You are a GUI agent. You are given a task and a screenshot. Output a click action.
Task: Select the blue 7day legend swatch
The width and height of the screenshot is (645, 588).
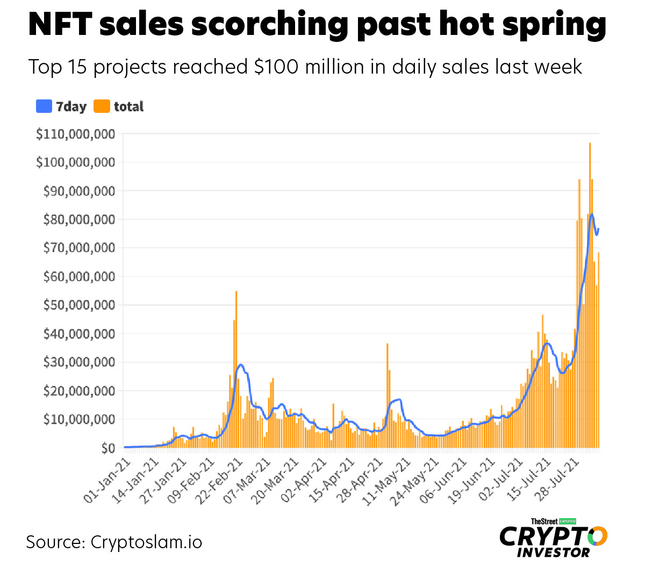tap(44, 106)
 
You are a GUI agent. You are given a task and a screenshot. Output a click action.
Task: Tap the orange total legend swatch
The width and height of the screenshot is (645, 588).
tap(102, 106)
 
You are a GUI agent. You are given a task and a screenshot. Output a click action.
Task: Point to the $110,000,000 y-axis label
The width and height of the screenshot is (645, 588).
tap(76, 134)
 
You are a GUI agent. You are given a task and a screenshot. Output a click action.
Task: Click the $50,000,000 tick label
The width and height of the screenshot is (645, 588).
tap(79, 305)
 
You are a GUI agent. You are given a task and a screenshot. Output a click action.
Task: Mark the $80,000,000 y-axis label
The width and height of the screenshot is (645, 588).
tap(79, 220)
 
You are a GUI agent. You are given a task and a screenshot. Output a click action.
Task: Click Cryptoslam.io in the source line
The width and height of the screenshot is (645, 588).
tap(146, 542)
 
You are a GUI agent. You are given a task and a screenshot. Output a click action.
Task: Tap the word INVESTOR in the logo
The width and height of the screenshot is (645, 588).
tap(553, 553)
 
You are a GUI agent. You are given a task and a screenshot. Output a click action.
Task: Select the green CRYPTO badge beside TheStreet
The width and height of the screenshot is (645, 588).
tap(568, 521)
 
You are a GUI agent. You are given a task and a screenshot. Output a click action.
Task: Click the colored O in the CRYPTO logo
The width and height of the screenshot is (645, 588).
tap(597, 536)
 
